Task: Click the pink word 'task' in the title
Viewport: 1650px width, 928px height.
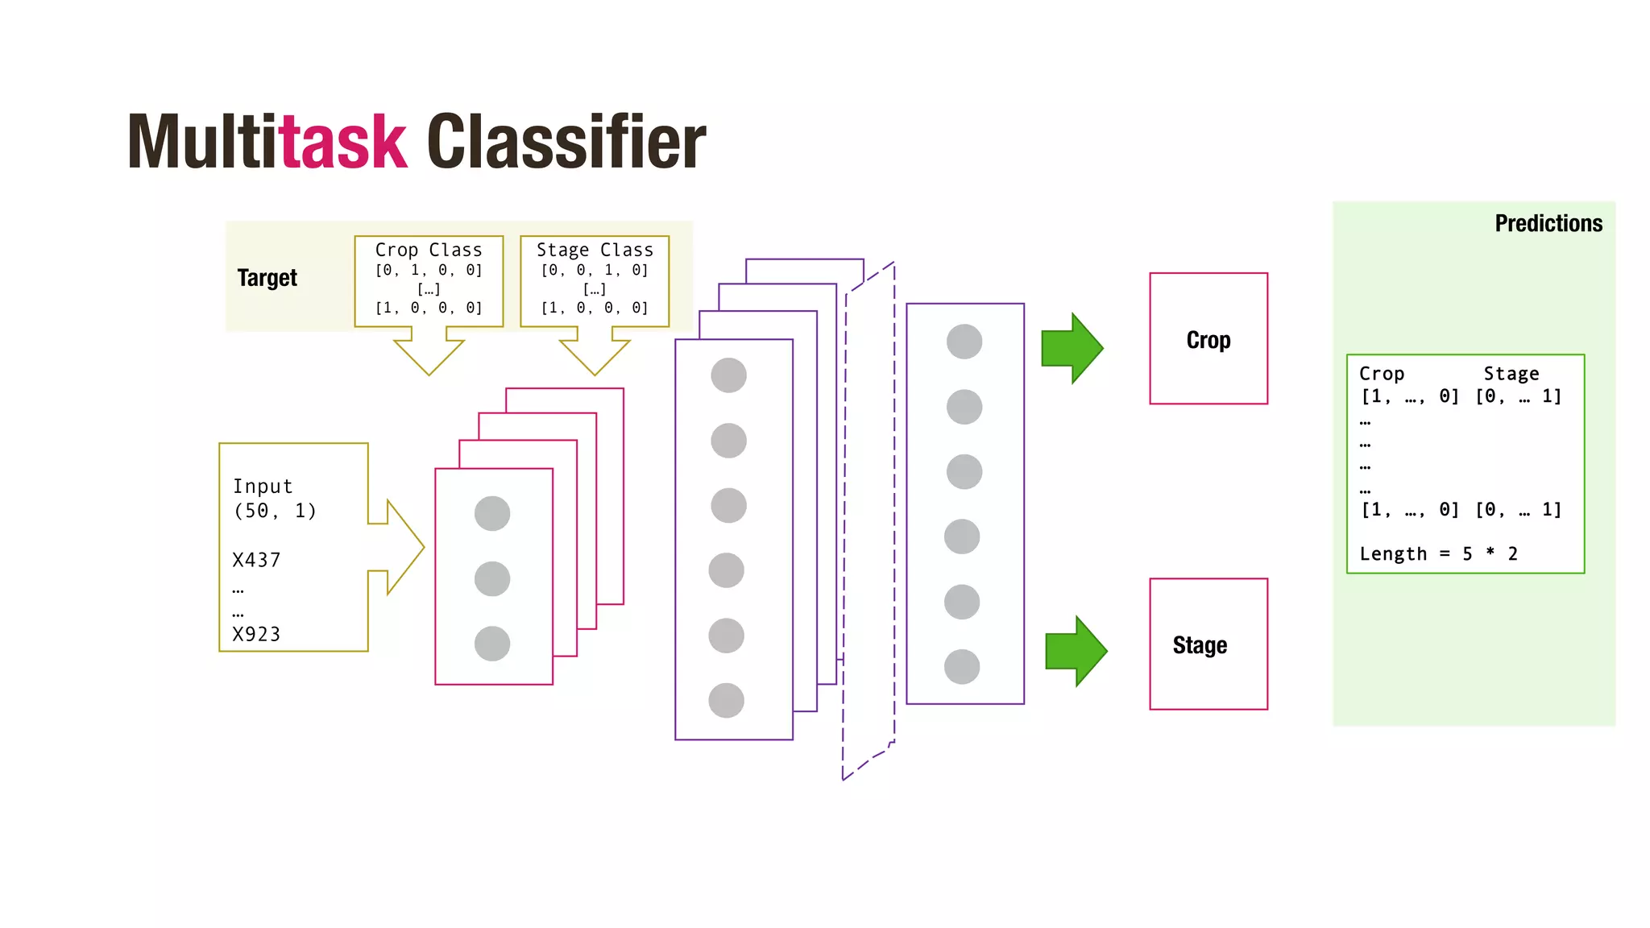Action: point(342,143)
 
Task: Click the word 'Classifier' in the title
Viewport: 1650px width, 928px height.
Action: point(566,143)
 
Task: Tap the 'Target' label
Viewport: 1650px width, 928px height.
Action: point(267,278)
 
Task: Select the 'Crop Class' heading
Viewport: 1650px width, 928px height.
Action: point(428,250)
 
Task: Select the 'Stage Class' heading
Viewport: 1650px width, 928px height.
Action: point(595,250)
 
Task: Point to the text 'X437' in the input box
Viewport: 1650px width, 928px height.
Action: point(256,560)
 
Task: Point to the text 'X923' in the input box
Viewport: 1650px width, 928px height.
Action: point(256,634)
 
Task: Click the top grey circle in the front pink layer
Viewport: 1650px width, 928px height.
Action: point(492,513)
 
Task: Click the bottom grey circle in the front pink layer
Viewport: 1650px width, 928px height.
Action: point(492,644)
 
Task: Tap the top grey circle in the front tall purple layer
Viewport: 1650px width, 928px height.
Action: point(728,375)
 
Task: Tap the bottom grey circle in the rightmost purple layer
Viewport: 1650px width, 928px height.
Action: point(962,667)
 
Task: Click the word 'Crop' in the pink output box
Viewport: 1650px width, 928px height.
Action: point(1208,340)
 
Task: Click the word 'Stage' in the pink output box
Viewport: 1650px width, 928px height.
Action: point(1200,645)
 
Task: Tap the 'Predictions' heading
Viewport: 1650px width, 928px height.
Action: point(1548,223)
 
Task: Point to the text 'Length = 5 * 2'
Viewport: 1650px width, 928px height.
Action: point(1438,553)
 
